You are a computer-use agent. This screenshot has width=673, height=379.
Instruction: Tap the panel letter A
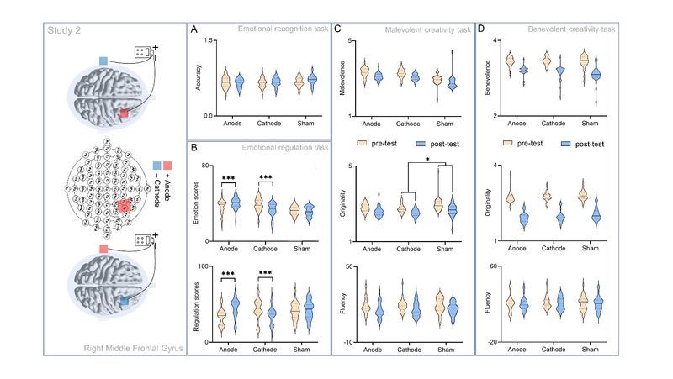pyautogui.click(x=195, y=29)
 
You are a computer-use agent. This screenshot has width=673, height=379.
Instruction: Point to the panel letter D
pyautogui.click(x=480, y=29)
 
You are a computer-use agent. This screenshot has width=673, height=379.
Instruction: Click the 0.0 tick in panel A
pyautogui.click(x=208, y=115)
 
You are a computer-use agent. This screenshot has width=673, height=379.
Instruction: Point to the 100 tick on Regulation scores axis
pyautogui.click(x=207, y=266)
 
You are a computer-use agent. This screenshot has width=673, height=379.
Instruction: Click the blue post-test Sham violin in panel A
pyautogui.click(x=312, y=81)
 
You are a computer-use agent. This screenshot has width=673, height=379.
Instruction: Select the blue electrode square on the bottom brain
pyautogui.click(x=124, y=298)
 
